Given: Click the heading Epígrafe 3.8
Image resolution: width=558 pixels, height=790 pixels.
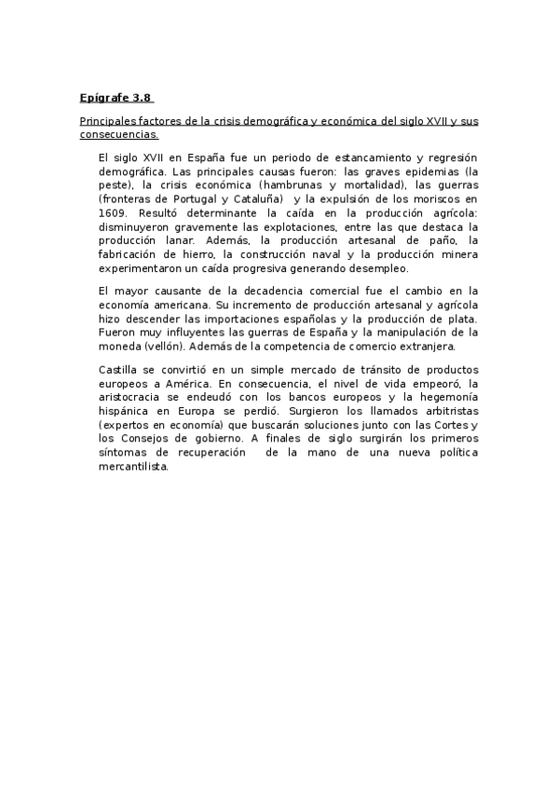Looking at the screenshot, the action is coord(116,97).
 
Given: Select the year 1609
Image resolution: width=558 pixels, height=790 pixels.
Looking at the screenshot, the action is coord(112,213).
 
